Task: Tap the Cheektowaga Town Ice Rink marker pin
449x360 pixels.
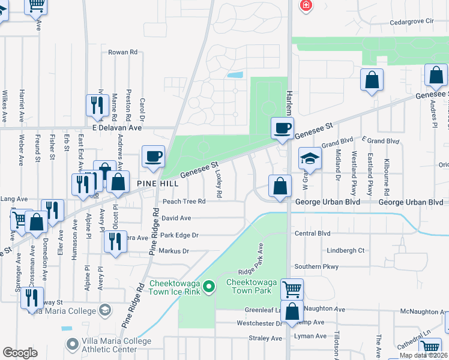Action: click(209, 287)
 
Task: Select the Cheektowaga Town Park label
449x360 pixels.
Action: click(249, 286)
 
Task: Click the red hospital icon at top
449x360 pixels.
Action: click(307, 5)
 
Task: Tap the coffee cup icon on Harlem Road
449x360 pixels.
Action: click(282, 128)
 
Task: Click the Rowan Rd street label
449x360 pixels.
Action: click(122, 52)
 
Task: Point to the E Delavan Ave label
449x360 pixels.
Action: click(116, 128)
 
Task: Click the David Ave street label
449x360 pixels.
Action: click(176, 218)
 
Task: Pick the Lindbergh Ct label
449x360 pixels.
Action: click(345, 250)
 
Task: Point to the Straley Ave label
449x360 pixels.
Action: click(265, 338)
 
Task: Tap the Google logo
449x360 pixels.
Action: click(20, 353)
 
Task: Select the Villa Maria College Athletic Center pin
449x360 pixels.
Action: click(73, 344)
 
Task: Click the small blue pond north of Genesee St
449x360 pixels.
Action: click(235, 76)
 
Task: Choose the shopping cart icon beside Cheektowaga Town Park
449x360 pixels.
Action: click(292, 289)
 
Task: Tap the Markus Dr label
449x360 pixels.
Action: click(174, 251)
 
